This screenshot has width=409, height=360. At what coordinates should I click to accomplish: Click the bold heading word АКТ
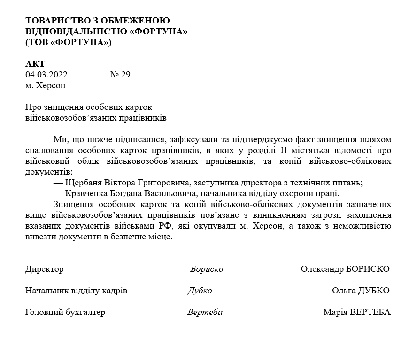point(35,64)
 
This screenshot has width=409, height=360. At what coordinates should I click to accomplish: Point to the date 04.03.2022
point(46,75)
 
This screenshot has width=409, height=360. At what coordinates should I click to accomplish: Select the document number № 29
point(120,75)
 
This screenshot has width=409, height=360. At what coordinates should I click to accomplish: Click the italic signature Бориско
point(207,269)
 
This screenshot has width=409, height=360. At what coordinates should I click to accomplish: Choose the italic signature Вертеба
point(205,313)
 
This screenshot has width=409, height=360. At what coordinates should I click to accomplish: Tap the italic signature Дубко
point(200,291)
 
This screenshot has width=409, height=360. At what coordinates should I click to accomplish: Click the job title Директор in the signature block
point(45,269)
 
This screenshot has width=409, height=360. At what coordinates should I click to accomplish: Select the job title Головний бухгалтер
point(65,313)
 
